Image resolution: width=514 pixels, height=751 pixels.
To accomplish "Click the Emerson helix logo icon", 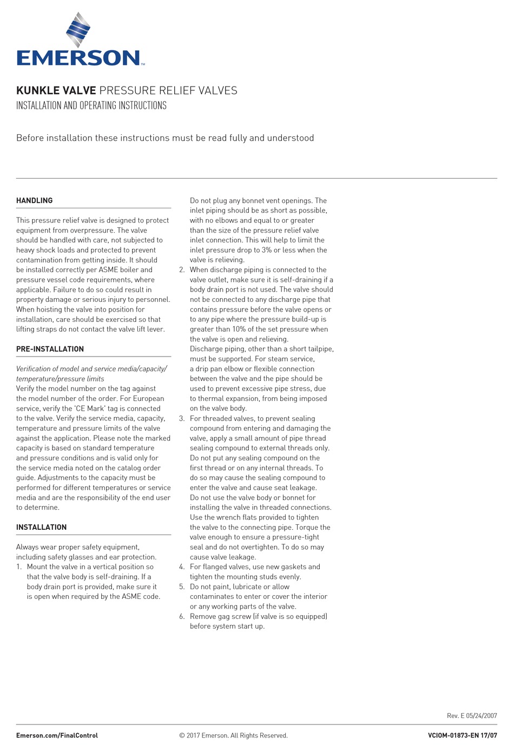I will coord(78,30).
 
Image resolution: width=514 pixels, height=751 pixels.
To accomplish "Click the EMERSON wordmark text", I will coord(78,58).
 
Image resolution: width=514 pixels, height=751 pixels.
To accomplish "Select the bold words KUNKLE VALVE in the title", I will coord(56,90).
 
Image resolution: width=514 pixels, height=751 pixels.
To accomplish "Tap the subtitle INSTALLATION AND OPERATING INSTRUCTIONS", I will coord(91,106).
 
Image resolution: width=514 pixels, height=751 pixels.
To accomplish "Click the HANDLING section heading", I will coord(35,201).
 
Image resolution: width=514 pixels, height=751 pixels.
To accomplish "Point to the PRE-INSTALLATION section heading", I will coord(50,349).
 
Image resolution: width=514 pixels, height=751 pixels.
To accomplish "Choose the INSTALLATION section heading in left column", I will coord(41,527).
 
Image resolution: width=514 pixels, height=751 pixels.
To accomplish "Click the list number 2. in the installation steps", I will coord(182,270).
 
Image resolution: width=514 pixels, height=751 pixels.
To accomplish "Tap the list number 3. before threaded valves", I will coord(182,419).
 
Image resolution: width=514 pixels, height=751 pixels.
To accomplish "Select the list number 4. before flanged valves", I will coord(182,567).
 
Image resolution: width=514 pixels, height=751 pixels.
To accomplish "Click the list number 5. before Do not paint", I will coord(182,587).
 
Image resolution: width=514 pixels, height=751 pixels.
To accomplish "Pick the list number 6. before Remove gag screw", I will coord(182,617).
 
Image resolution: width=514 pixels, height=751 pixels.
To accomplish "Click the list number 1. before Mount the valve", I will coord(19,567).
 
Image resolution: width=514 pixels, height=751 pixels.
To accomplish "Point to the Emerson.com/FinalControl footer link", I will coord(57,735).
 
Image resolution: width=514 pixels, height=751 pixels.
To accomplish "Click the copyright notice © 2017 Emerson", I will coord(233,735).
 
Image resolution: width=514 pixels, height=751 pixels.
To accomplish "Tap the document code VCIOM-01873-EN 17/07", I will coord(462,735).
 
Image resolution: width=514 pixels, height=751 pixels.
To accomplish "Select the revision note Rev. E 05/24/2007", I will coord(472,716).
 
